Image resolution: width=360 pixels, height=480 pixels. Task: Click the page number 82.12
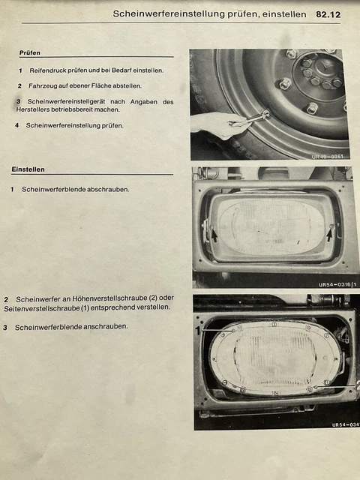coord(328,14)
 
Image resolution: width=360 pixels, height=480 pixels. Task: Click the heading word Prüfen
coord(30,52)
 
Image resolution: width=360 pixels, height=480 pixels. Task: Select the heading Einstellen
coord(28,169)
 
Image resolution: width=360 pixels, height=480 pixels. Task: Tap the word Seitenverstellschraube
coord(42,307)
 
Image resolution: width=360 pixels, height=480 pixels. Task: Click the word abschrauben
coord(108,190)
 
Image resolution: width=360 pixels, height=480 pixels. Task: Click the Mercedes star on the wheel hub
coord(324,65)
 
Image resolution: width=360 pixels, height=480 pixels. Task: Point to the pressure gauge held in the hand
coord(250,119)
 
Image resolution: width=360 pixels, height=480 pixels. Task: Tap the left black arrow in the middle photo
coord(214,235)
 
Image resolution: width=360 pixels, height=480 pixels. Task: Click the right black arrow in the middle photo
coord(329,235)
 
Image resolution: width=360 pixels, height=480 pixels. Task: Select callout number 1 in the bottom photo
coord(198,331)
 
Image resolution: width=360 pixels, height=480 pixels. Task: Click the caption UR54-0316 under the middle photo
coord(334,285)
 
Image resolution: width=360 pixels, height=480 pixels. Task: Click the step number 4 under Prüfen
coord(16,125)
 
